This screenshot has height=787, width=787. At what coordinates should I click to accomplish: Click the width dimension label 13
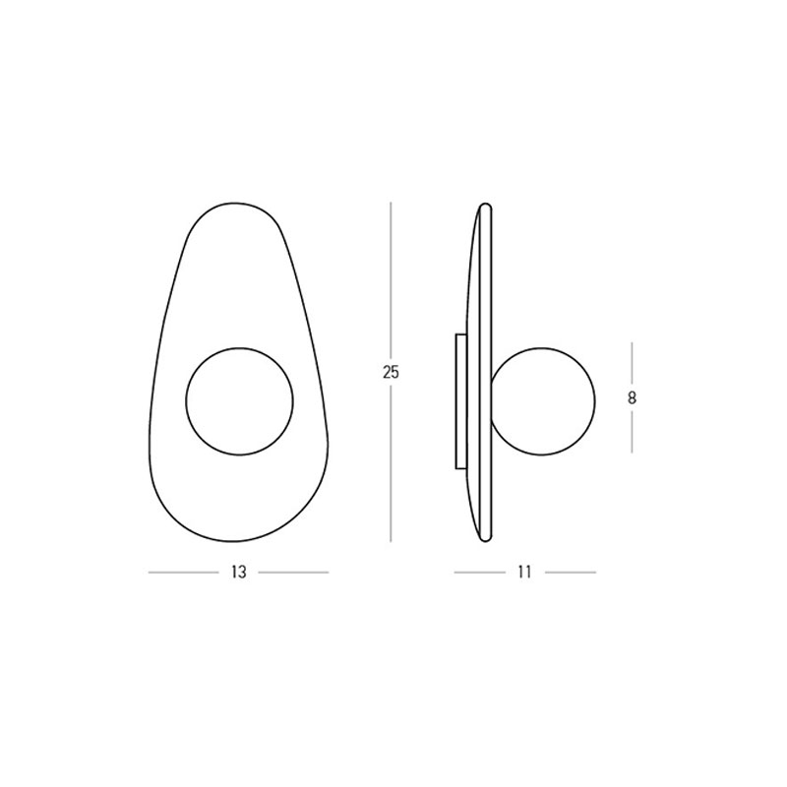click(x=239, y=573)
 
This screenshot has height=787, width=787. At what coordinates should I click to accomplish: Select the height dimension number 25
click(x=391, y=373)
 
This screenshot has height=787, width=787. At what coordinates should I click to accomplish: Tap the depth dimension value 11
click(x=524, y=573)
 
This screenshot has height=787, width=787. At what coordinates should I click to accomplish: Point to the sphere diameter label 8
click(x=632, y=398)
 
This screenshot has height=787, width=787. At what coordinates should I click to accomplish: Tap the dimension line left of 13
click(x=184, y=573)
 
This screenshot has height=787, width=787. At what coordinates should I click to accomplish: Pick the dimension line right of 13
click(x=293, y=573)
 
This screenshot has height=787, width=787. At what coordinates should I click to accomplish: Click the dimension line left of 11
click(x=480, y=573)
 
